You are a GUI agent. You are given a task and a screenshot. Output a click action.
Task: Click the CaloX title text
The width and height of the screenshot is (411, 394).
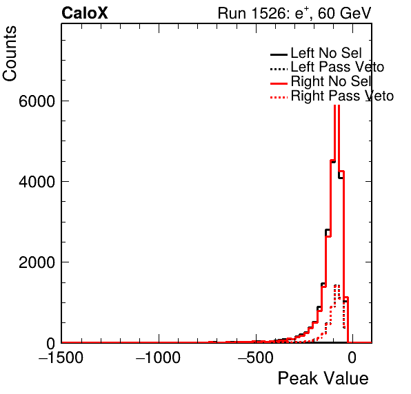85,13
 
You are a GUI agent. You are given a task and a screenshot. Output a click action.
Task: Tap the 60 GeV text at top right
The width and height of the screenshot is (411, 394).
344,13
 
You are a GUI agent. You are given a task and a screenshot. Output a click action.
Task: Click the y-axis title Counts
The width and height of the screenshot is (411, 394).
10,54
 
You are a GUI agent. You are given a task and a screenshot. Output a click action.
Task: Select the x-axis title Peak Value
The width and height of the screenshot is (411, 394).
323,378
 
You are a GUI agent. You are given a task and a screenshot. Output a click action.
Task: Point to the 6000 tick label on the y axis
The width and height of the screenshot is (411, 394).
37,101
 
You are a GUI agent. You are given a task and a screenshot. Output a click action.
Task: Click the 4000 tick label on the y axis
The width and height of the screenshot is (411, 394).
37,181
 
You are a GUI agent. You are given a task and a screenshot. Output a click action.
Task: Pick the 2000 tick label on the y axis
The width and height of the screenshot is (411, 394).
37,262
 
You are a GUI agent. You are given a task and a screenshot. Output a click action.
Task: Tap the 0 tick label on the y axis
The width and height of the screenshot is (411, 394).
50,343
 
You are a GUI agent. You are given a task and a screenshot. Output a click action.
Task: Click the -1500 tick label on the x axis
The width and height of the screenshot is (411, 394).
61,357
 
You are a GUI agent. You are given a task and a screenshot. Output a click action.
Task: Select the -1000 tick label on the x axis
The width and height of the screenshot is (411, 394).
158,357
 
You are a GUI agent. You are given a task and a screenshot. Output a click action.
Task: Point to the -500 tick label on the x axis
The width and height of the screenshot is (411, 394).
255,357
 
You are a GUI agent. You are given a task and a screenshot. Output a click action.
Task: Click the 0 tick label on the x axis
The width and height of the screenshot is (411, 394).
352,357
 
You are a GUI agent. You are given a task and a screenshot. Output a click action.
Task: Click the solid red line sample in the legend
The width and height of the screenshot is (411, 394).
279,83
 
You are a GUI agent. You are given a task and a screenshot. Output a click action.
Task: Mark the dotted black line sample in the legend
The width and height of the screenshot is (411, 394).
279,69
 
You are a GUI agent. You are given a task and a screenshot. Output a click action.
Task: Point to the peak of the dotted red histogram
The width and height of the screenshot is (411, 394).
337,285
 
